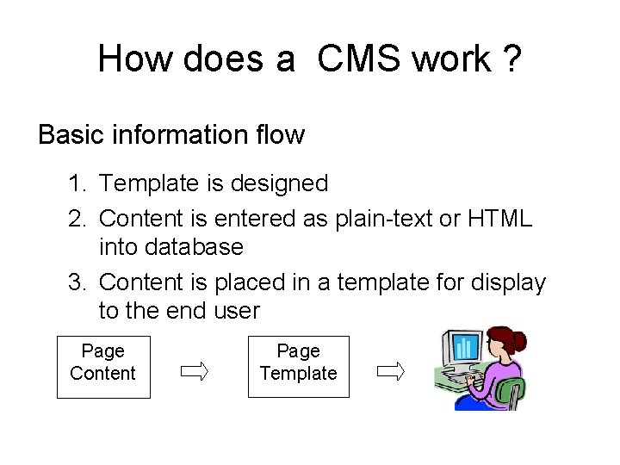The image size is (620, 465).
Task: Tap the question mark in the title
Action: pos(511,59)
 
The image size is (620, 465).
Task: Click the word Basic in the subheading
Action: pos(71,135)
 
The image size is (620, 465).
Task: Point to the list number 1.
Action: pos(78,183)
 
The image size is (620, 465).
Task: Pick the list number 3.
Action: pos(78,282)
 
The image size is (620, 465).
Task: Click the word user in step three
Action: pos(236,311)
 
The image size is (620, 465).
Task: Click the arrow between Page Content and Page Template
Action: pos(194,372)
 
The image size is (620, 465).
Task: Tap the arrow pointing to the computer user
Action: pos(391,372)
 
